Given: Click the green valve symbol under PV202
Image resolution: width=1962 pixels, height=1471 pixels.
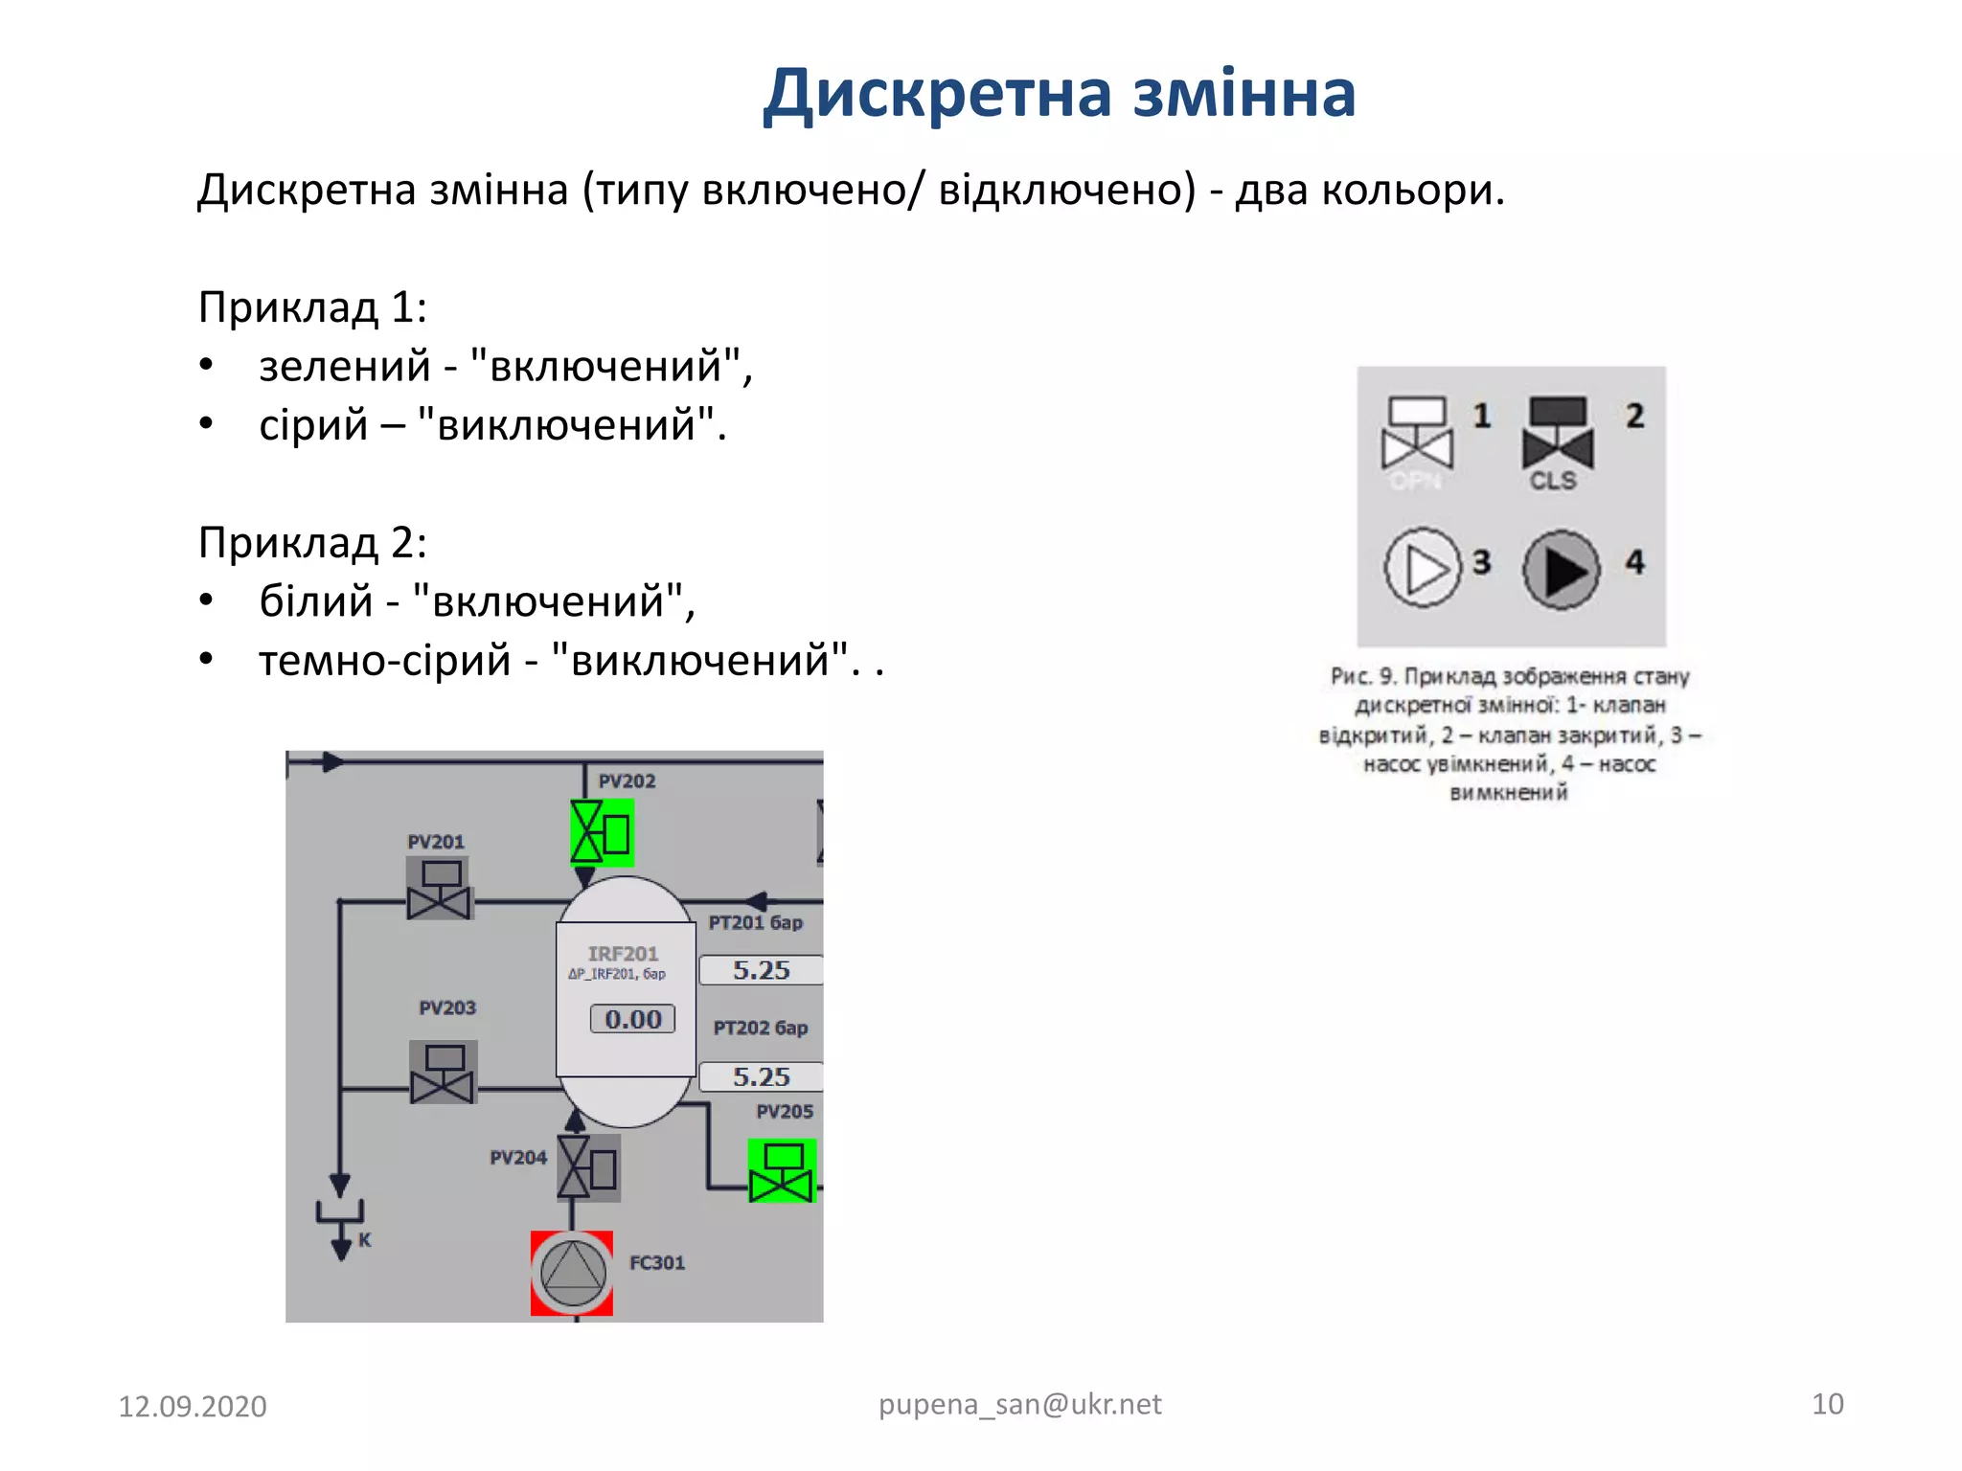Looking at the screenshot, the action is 602,832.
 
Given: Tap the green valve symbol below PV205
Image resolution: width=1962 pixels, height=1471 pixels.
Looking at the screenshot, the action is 782,1170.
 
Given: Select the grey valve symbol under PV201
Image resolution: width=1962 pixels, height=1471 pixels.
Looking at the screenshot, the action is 439,888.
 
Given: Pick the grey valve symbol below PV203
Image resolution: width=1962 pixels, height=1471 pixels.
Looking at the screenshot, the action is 443,1072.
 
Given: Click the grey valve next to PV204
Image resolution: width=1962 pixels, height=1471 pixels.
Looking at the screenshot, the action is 589,1167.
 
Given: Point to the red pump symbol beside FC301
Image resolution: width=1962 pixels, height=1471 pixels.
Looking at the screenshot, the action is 572,1273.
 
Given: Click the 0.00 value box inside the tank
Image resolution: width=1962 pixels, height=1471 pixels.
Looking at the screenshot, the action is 632,1019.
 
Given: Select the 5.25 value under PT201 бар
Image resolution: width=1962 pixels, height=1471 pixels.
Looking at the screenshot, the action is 762,970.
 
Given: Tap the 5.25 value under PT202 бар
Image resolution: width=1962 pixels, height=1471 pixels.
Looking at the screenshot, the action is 762,1076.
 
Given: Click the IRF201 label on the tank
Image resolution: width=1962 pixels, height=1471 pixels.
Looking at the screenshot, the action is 623,954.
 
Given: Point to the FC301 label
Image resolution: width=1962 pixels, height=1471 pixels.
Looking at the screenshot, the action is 657,1263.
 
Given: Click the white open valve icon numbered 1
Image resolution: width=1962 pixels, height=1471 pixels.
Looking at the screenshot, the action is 1418,432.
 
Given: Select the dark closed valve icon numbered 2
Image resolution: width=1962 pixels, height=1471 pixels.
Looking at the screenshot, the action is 1558,432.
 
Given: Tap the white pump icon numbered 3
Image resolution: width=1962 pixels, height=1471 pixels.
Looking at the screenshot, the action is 1423,569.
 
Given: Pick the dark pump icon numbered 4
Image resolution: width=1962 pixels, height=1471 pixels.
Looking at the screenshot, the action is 1562,571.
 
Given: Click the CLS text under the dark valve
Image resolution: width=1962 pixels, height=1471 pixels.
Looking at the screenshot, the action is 1553,481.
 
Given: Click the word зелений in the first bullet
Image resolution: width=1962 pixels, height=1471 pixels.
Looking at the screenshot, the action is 345,367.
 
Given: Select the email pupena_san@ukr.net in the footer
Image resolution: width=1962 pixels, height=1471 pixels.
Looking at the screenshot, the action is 1020,1405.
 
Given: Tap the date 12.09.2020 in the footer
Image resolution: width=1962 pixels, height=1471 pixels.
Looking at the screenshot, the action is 193,1407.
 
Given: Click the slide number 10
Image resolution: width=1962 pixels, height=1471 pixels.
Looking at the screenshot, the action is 1828,1404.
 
